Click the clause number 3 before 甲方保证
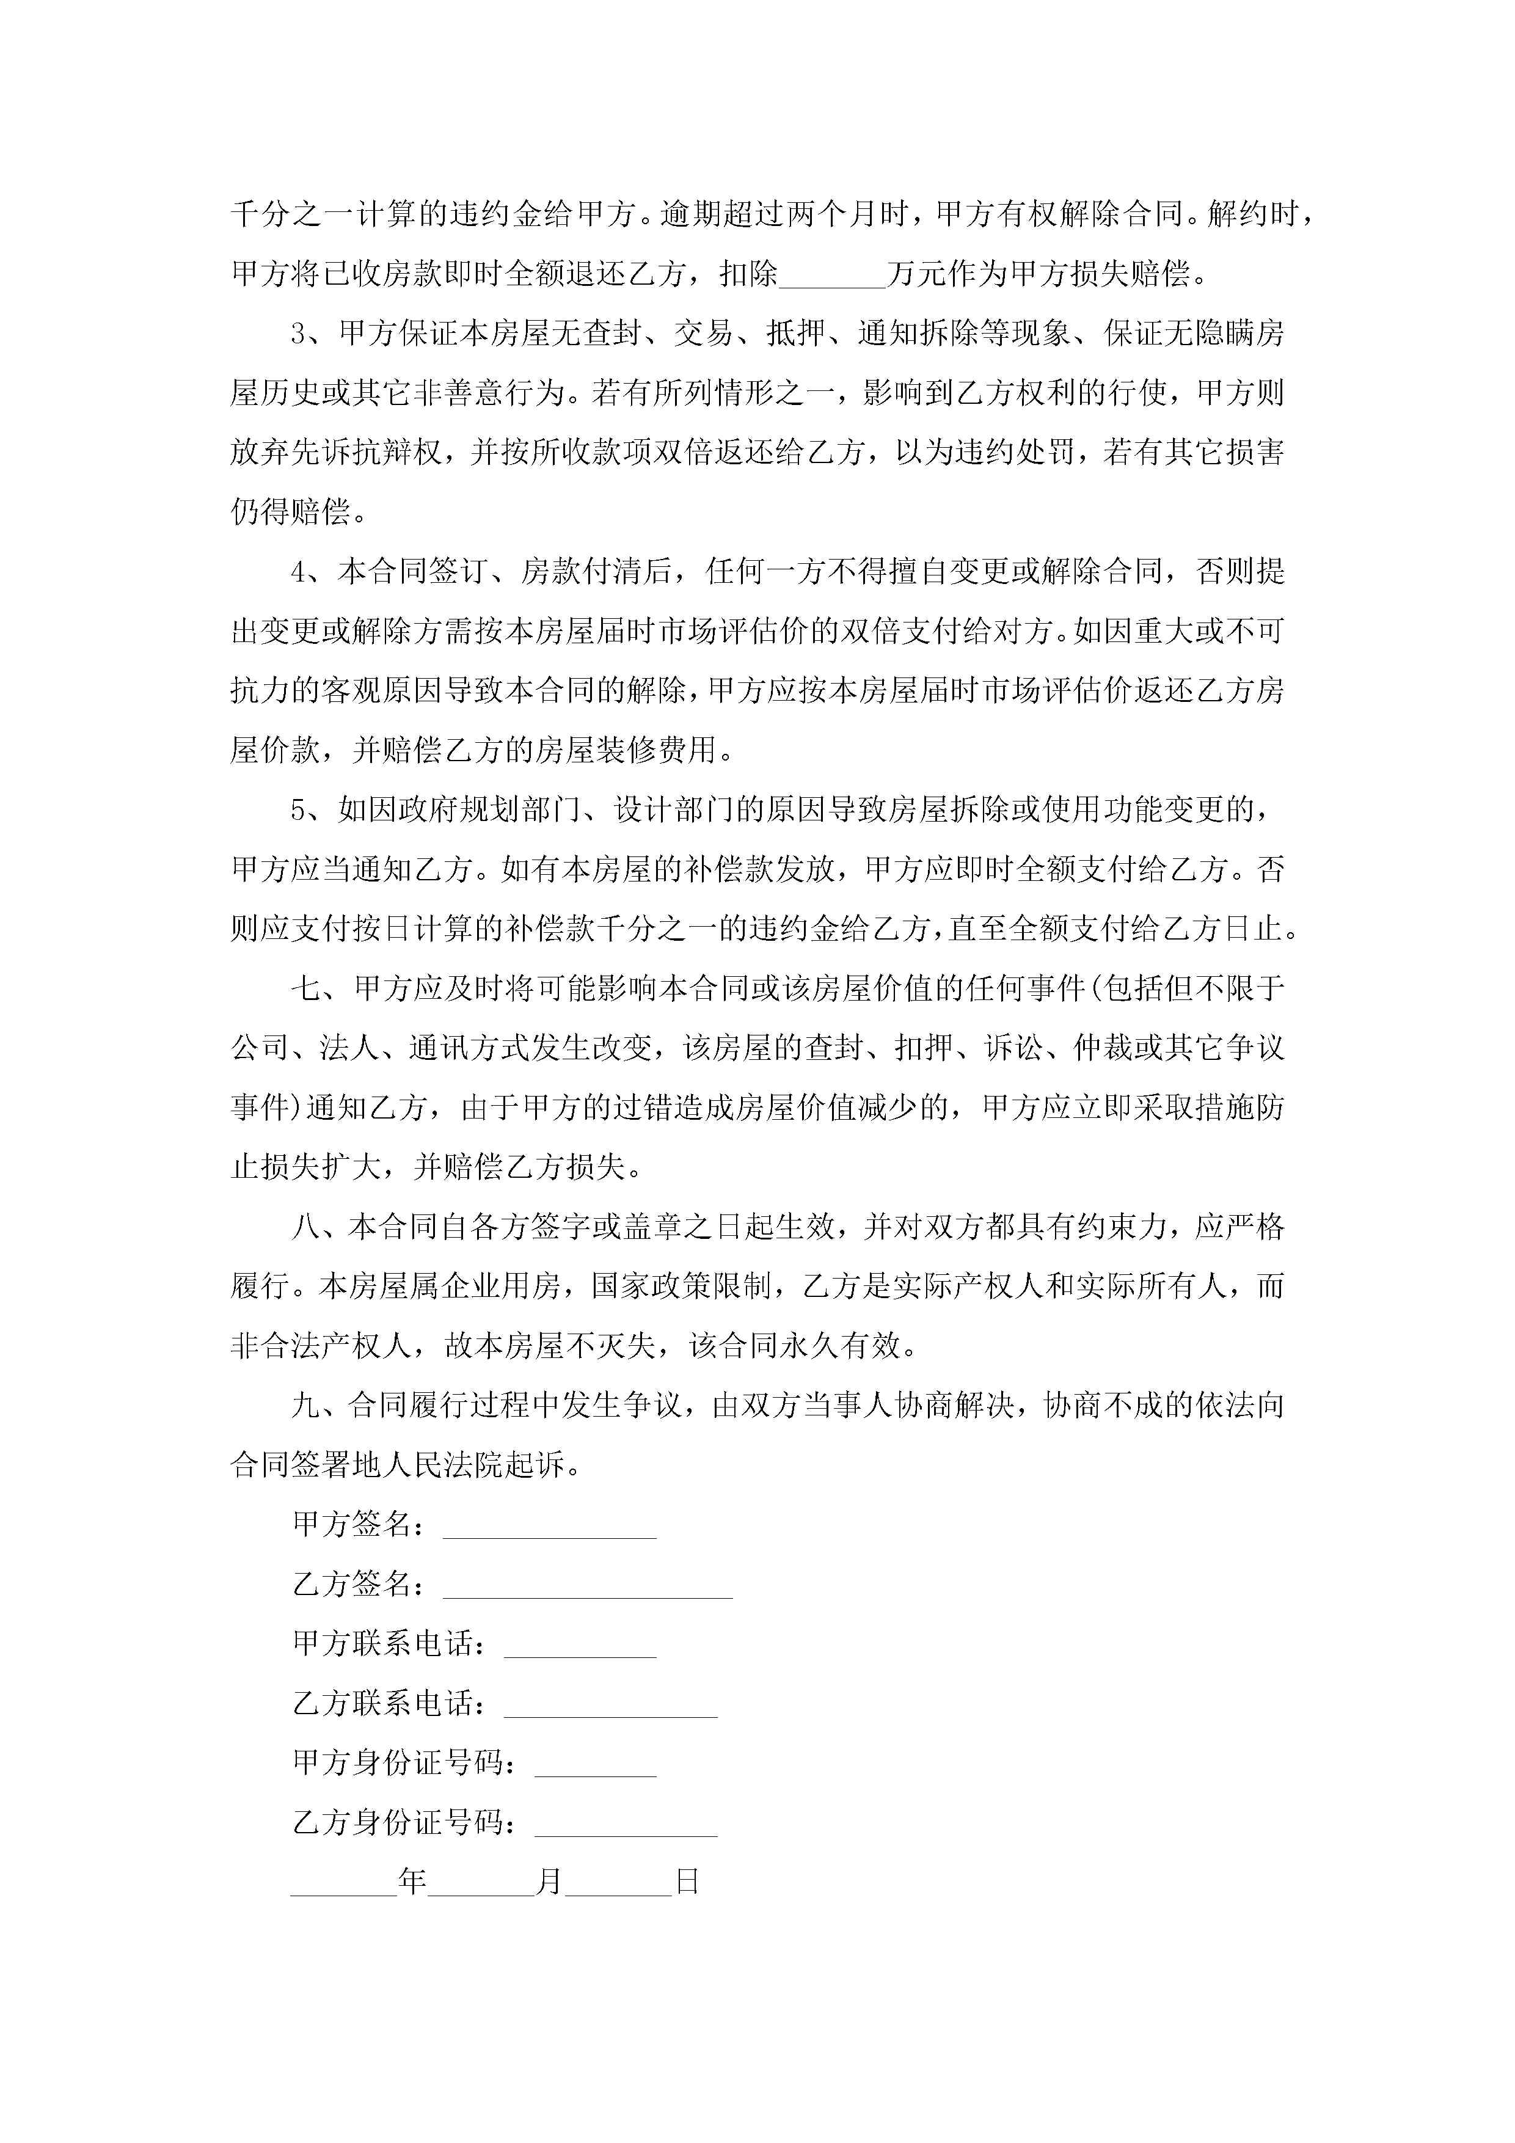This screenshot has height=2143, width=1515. point(299,333)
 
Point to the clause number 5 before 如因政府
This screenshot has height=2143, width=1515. point(299,810)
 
